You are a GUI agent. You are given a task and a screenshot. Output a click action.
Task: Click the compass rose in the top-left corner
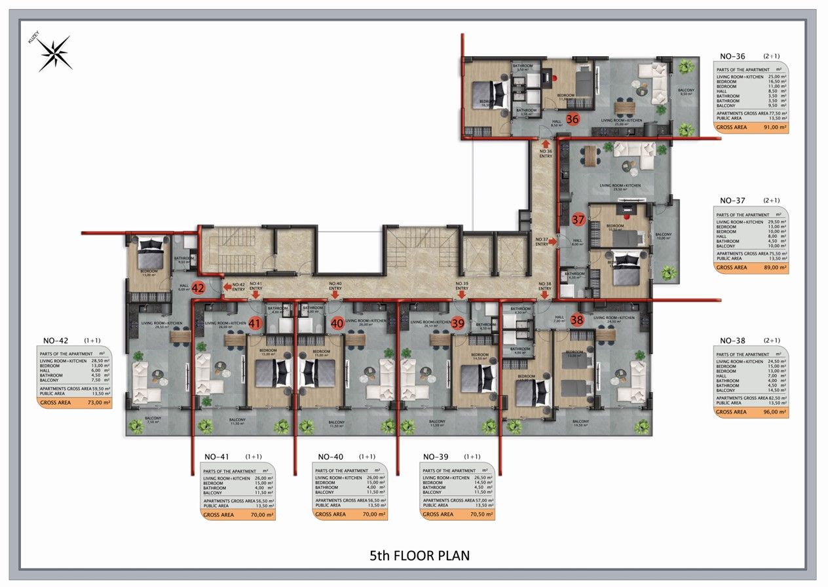(54, 54)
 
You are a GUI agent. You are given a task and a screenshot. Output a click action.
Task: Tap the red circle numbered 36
(572, 119)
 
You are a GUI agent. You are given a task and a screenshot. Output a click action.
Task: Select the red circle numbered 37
(578, 219)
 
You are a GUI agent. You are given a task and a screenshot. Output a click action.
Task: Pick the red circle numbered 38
(577, 320)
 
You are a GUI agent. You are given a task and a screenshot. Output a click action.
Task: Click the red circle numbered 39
(458, 323)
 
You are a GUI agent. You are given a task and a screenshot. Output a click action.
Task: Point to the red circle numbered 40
(337, 323)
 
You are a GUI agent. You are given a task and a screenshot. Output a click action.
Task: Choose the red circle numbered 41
(255, 323)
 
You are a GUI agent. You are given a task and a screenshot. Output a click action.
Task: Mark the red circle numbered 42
(198, 288)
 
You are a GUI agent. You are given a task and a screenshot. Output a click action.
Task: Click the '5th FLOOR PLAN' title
(419, 556)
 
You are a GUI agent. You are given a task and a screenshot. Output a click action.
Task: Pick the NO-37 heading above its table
(732, 200)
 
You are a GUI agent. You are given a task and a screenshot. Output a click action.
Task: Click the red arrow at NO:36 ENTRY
(545, 142)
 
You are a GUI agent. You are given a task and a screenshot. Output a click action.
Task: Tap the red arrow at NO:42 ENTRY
(225, 286)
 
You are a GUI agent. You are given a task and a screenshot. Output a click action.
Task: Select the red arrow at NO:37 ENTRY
(553, 242)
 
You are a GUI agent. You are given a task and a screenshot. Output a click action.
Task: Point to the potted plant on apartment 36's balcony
(686, 66)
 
